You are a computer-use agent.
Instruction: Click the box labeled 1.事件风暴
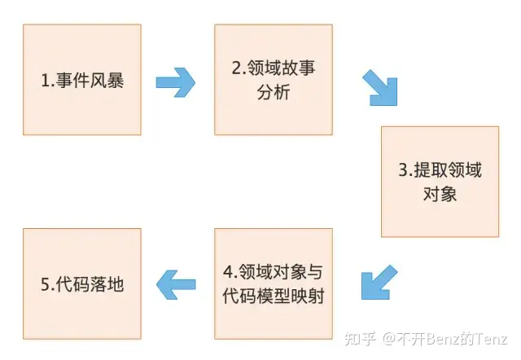click(82, 80)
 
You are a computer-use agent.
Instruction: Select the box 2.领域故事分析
click(274, 80)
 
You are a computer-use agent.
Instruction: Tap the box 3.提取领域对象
click(440, 182)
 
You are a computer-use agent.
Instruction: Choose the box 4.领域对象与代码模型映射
click(274, 283)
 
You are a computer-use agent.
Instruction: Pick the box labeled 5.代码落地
click(82, 283)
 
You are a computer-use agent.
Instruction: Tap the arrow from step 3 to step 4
click(379, 280)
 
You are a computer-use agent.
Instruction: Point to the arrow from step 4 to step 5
click(177, 284)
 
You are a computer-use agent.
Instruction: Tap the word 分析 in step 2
click(274, 92)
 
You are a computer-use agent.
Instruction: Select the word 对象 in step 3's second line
click(440, 194)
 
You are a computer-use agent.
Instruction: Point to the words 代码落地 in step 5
click(91, 284)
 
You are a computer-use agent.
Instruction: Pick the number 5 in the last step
click(46, 284)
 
